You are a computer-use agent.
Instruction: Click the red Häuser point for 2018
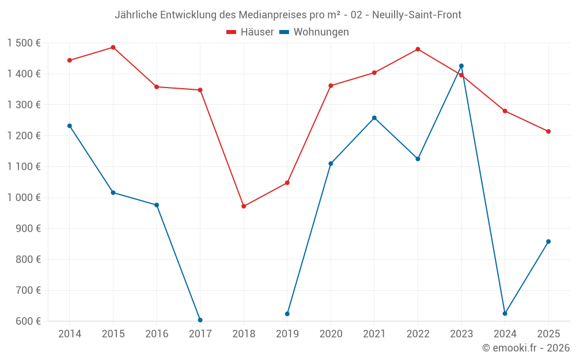244,206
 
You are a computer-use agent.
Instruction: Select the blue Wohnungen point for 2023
461,66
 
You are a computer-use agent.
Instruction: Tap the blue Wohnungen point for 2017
200,320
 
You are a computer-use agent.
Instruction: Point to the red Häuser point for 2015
113,47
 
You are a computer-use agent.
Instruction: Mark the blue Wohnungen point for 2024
505,313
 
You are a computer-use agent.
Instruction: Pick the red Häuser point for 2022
418,49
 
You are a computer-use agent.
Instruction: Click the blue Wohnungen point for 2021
374,118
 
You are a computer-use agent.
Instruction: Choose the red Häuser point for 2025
548,131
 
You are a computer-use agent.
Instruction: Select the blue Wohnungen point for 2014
70,126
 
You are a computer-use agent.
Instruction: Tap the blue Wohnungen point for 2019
287,314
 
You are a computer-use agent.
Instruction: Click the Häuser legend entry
250,32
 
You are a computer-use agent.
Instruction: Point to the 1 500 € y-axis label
24,43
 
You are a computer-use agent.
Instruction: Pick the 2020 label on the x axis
331,334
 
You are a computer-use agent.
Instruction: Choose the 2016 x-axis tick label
157,334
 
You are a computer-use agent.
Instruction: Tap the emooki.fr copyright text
526,348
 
